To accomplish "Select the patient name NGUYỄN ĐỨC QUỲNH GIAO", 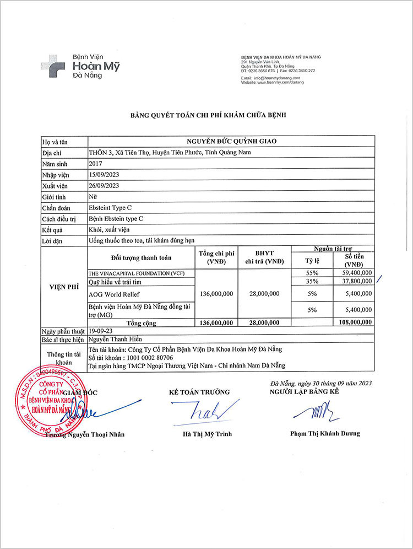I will (231, 141).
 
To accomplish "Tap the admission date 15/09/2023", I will (104, 174).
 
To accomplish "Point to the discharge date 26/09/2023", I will (104, 186).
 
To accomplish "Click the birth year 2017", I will (95, 163).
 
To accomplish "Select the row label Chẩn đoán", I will (56, 208).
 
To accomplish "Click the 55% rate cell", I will (312, 272).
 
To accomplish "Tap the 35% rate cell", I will (312, 281).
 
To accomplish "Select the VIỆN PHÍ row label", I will (63, 287).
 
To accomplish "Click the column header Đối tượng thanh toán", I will (140, 257).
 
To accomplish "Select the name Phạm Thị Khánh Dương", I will (325, 433).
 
